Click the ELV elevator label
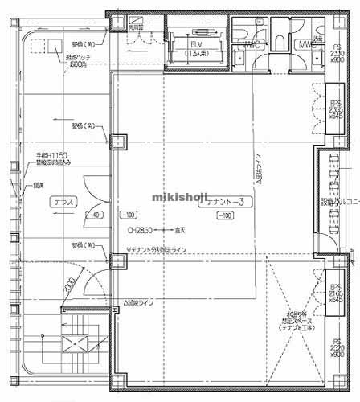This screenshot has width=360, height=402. click(x=196, y=45)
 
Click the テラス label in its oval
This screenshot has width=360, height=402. click(x=64, y=203)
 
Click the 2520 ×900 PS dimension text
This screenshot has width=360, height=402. click(x=337, y=350)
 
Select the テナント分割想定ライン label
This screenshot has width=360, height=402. click(x=158, y=250)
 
